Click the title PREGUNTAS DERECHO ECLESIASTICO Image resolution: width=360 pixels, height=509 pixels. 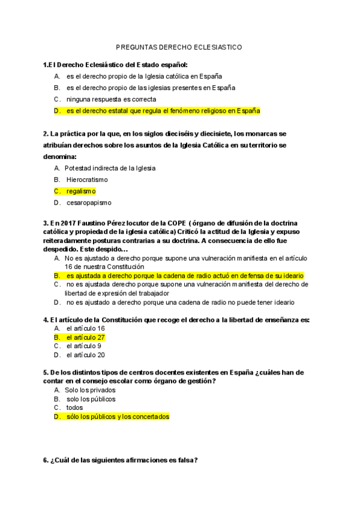tap(179, 46)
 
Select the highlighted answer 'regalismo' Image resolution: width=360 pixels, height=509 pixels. tap(81, 191)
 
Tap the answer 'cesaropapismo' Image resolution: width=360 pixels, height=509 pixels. tap(89, 202)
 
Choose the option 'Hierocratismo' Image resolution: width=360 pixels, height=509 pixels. tap(87, 179)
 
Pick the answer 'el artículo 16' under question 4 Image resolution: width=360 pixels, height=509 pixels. tap(86, 328)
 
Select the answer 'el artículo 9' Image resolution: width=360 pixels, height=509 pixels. tap(84, 346)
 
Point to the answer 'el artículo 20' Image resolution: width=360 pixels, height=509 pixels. tap(86, 355)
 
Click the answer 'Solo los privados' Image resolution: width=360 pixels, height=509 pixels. tap(90, 390)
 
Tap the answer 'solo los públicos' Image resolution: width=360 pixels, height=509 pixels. tap(91, 399)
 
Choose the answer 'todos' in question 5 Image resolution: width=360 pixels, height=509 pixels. tap(75, 408)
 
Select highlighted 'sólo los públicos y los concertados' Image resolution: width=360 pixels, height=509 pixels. tap(118, 416)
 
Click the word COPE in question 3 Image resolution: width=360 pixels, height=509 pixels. tap(164, 223)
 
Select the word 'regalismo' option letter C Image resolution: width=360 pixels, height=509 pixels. tap(58, 191)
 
